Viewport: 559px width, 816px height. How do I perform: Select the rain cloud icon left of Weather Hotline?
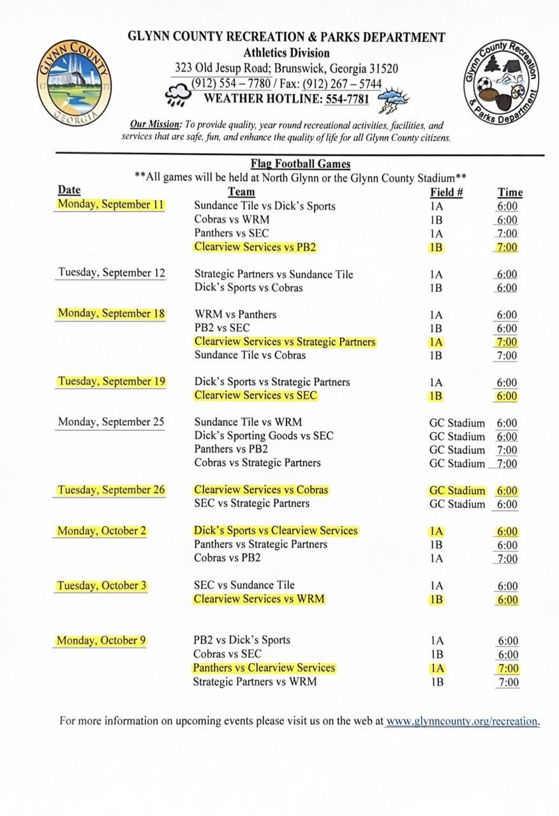tap(180, 96)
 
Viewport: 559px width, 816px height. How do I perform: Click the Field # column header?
tap(446, 192)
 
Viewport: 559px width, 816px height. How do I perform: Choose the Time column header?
tap(510, 192)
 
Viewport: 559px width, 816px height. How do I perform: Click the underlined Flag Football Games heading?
tap(300, 164)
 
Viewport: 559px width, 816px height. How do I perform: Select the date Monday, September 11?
tap(110, 205)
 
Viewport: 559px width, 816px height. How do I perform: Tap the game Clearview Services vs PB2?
tap(255, 247)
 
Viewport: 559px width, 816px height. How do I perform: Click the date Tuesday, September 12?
tap(112, 273)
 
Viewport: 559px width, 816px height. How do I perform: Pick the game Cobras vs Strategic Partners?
tap(258, 463)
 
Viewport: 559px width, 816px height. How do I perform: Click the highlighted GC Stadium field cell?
tap(457, 491)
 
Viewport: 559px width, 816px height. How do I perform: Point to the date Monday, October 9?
tap(101, 640)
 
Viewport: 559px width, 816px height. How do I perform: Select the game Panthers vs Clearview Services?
tap(264, 667)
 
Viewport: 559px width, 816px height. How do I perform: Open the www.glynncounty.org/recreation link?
tap(462, 721)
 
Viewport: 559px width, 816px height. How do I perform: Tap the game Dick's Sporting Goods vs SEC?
tap(264, 436)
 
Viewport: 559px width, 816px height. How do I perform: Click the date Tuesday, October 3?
tap(102, 585)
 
